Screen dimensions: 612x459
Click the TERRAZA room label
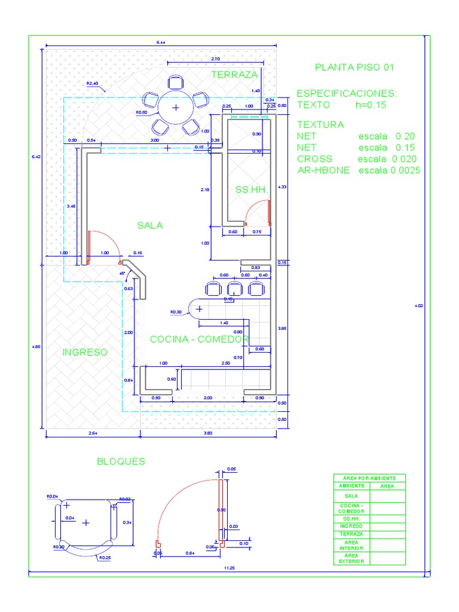(x=234, y=75)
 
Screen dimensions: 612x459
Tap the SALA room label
(x=149, y=225)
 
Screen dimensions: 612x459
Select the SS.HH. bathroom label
(x=250, y=189)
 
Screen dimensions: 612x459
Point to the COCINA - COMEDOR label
(x=198, y=339)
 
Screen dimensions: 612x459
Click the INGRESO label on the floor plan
(x=85, y=353)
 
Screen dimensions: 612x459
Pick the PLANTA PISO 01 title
(x=354, y=68)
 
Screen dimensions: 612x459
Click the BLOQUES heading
(x=121, y=461)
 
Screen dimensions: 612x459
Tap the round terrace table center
(x=176, y=108)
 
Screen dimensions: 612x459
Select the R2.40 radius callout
(x=93, y=84)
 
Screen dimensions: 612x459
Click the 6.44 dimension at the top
(x=161, y=42)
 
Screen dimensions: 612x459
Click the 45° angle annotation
(x=123, y=273)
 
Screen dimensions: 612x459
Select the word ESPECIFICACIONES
(x=347, y=94)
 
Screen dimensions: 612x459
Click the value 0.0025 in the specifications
(x=406, y=170)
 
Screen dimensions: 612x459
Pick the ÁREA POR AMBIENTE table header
(x=369, y=478)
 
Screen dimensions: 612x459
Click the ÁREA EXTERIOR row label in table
(x=351, y=559)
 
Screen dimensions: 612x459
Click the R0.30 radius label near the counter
(x=176, y=312)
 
